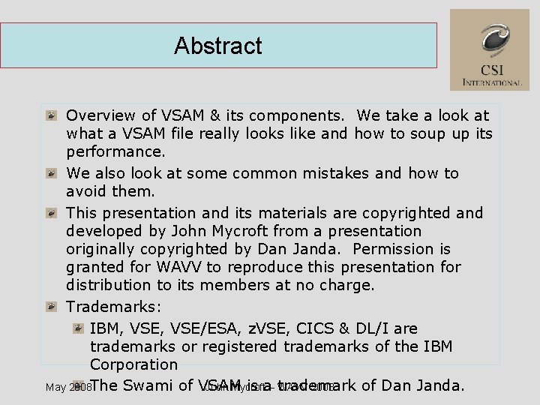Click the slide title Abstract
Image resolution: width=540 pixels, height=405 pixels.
pos(218,46)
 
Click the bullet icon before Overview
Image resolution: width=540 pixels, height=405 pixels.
pos(50,116)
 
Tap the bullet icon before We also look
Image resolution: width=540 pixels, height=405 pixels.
pos(50,174)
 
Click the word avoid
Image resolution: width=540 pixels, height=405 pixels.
pos(86,191)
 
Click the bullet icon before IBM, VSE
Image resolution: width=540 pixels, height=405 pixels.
pos(77,328)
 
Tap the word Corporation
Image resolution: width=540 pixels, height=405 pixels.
pos(133,364)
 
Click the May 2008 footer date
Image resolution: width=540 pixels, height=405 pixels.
pos(67,388)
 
